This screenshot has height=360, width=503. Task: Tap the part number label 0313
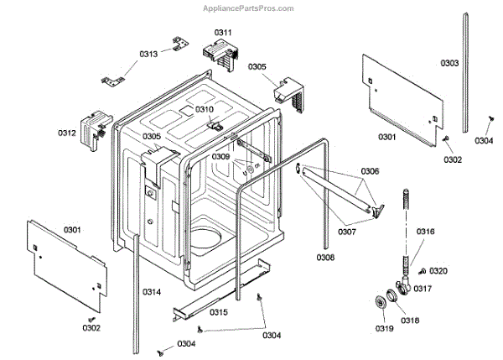(148, 54)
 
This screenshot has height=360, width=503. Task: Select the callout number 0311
(222, 32)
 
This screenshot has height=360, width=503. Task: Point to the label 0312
(67, 133)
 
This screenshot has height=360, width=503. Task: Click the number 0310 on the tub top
(205, 109)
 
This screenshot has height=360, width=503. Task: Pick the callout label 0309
(220, 156)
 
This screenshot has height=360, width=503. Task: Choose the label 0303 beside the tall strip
(449, 63)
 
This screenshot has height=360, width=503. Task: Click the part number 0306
(370, 171)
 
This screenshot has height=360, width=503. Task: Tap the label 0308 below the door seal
(326, 257)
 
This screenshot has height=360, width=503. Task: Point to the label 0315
(218, 311)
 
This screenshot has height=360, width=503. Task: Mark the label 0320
(438, 271)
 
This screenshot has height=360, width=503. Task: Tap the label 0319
(383, 328)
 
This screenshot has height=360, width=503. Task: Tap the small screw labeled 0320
(421, 270)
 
